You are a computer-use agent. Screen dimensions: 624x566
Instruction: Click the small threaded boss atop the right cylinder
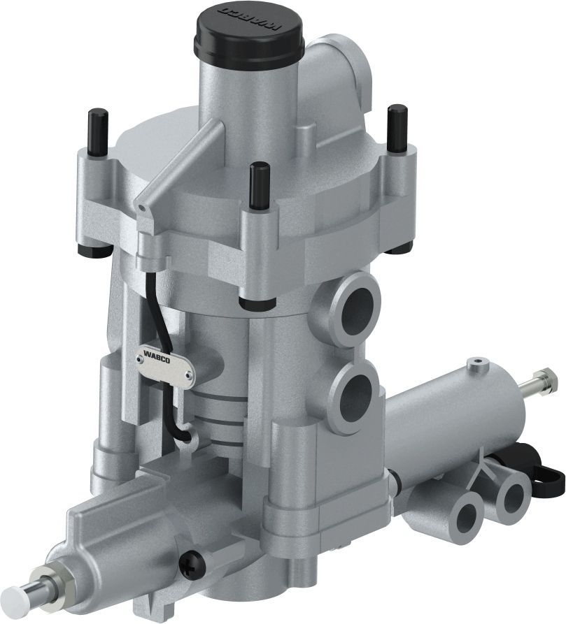478,364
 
